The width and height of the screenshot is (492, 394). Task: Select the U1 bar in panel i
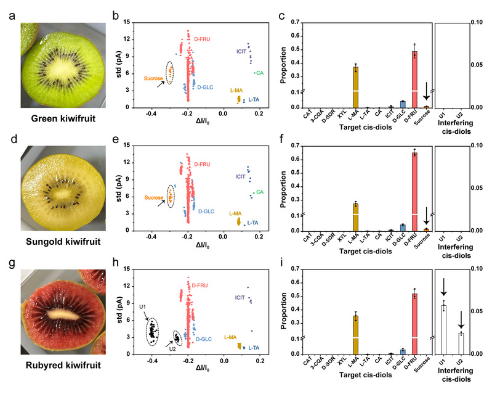(x=443, y=329)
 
